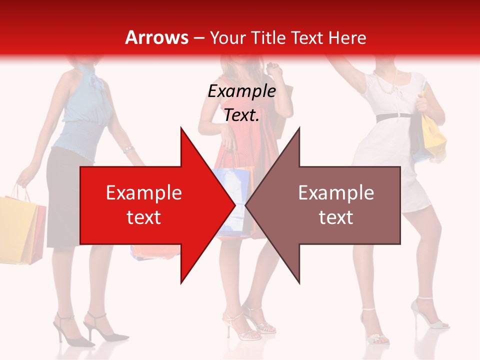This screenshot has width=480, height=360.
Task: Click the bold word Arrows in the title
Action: click(156, 37)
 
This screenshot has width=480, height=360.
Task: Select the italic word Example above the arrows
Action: click(241, 91)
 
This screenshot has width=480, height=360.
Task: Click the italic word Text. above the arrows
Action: click(241, 115)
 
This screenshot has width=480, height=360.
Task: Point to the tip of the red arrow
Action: click(234, 204)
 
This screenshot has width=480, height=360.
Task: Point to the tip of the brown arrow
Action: click(246, 204)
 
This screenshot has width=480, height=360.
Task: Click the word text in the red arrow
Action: click(143, 217)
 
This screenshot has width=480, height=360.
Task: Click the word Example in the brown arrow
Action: click(336, 192)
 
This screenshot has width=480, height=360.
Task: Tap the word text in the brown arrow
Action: click(336, 217)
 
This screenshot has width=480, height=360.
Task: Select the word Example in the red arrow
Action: click(143, 192)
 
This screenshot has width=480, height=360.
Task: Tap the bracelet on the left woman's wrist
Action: click(128, 149)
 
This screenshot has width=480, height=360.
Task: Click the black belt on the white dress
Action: click(393, 117)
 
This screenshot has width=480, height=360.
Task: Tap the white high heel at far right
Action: click(430, 315)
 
